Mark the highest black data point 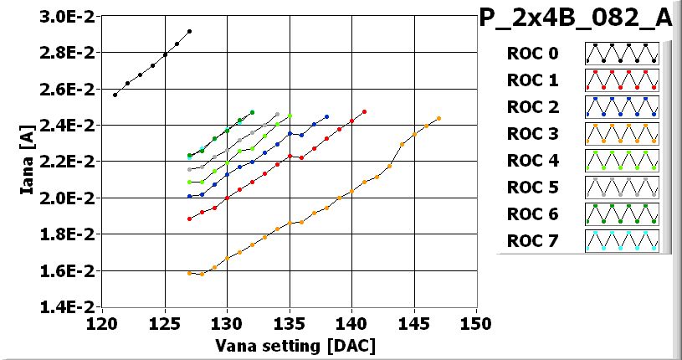coord(190,31)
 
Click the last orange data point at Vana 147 coord(438,118)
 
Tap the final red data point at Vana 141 coord(364,111)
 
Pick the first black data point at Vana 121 coord(115,95)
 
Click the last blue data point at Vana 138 coord(326,116)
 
